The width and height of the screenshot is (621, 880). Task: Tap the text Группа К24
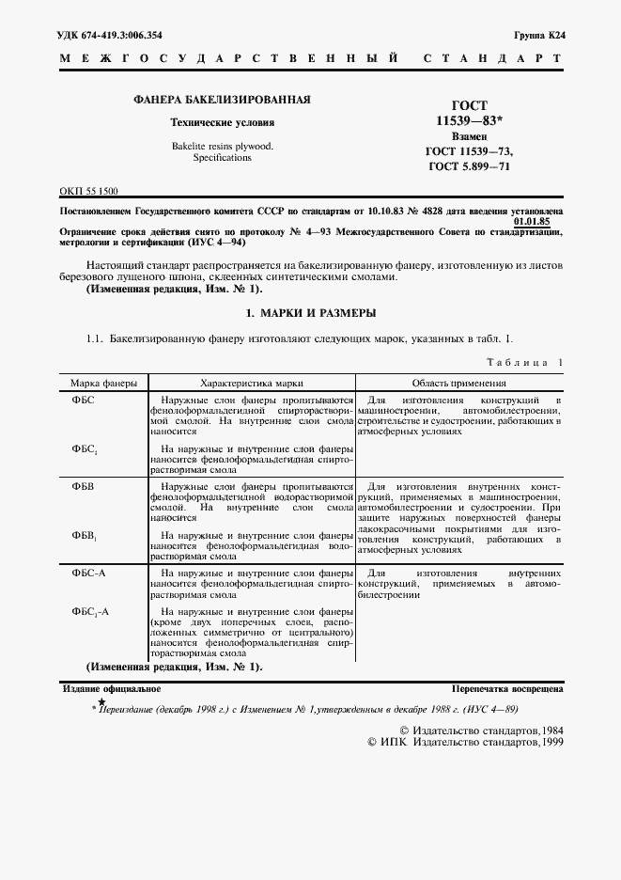(538, 35)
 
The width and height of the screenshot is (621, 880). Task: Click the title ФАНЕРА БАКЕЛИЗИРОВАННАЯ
(222, 100)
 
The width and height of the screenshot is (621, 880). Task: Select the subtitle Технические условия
(222, 123)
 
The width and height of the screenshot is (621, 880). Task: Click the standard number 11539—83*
(470, 121)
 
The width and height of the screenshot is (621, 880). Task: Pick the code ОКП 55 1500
(88, 190)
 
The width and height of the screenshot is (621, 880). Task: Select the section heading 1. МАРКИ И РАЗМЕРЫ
(310, 312)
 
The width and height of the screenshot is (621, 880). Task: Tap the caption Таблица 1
(525, 362)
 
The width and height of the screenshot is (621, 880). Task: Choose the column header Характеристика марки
(251, 384)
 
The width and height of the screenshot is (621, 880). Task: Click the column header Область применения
(460, 384)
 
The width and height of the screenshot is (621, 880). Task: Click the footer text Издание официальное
(101, 688)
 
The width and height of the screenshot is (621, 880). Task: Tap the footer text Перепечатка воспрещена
(507, 688)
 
